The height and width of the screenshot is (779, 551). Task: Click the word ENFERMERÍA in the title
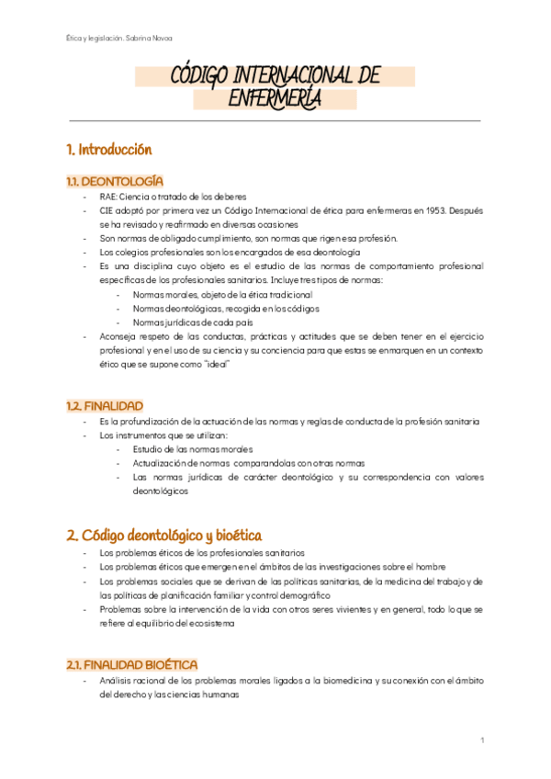point(275,98)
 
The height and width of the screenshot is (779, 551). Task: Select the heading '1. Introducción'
point(108,149)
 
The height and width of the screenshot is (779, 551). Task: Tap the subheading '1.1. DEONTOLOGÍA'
point(115,181)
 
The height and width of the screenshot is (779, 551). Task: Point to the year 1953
point(425,210)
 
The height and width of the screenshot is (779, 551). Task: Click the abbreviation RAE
point(109,197)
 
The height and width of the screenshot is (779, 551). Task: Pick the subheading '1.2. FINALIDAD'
point(104,405)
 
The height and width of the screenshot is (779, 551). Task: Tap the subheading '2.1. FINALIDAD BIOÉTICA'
point(131,664)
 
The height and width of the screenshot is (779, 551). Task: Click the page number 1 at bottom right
point(482,739)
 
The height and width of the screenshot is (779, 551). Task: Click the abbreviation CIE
point(107,210)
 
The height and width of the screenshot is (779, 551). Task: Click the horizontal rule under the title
point(275,120)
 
